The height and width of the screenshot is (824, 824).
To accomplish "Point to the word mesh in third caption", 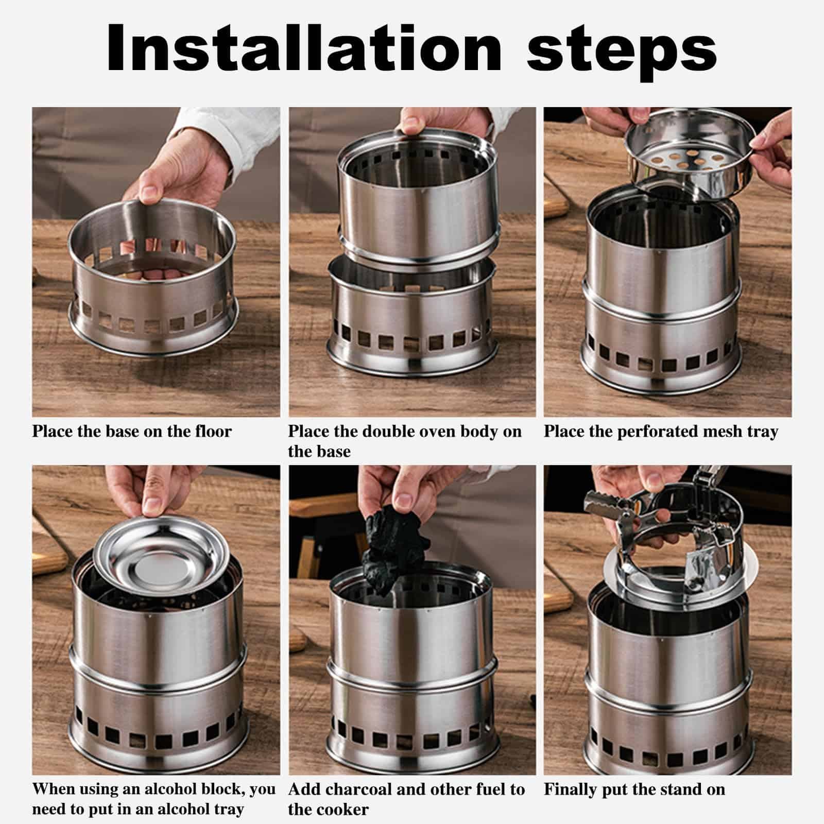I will [724, 431].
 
